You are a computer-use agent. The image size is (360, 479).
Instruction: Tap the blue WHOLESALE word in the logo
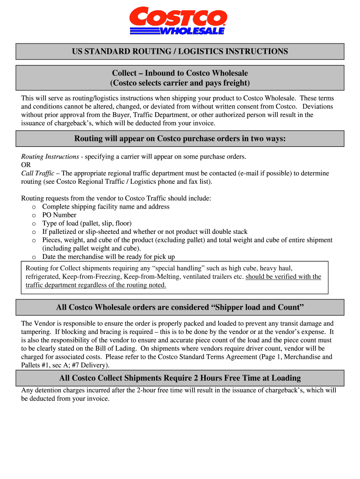[x=192, y=31]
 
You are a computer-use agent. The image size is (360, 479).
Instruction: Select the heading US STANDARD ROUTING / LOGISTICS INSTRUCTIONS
[x=180, y=51]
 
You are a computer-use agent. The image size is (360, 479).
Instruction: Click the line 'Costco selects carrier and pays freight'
[x=180, y=83]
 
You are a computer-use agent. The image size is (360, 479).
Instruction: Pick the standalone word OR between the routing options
[x=26, y=165]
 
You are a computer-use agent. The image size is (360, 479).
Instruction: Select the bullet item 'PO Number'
[x=59, y=215]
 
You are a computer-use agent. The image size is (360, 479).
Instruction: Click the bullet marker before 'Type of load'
[x=34, y=224]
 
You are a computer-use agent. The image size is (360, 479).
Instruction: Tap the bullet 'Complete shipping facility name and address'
[x=106, y=207]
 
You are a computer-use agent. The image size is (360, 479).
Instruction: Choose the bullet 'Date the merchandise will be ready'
[x=108, y=257]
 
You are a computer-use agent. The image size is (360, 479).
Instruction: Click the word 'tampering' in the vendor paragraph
[x=36, y=332]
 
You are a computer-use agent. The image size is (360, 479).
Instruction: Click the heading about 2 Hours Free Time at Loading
[x=180, y=378]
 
